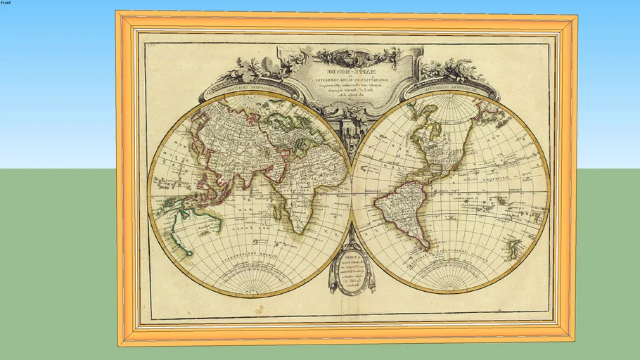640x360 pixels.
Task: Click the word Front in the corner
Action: click(6, 4)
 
